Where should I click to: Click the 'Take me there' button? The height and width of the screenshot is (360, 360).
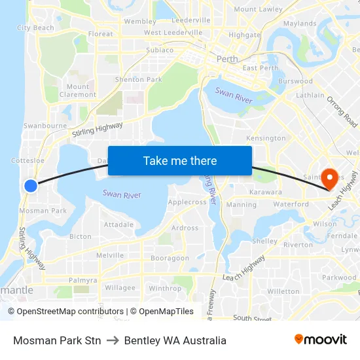point(180,160)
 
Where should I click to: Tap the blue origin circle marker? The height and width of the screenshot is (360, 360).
point(31,186)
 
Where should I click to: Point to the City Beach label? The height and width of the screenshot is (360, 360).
point(35,28)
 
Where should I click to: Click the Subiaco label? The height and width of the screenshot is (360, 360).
point(160,50)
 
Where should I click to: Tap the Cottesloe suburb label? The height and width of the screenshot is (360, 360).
point(28,160)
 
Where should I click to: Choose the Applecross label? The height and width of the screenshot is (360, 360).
point(187,202)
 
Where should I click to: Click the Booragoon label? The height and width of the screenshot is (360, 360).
point(170,259)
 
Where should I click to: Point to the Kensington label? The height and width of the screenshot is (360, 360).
point(266,138)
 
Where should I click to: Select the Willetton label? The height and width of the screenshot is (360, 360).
point(283,291)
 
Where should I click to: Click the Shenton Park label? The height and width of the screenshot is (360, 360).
point(138,80)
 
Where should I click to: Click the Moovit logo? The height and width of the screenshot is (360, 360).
point(320,340)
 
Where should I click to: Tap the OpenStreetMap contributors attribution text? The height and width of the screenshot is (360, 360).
point(70,312)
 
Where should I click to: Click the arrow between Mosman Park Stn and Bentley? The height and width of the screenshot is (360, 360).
point(113,340)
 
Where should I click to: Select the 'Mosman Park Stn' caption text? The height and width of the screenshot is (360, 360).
point(57,340)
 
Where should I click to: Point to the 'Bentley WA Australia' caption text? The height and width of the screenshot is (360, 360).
point(175,340)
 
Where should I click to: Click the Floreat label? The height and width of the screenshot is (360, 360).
point(101,33)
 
